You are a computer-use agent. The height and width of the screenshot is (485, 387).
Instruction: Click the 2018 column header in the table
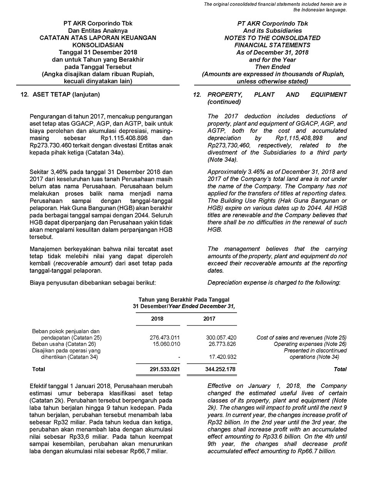click(157, 319)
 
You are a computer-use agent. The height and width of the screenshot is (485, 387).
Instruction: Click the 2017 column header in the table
click(209, 319)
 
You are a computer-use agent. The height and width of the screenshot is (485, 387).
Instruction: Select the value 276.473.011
click(165, 337)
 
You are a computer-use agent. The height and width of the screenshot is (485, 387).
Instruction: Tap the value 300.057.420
click(221, 337)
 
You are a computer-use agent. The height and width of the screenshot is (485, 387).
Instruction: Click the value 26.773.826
click(221, 344)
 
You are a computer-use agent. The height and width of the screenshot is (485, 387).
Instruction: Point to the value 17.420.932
click(221, 357)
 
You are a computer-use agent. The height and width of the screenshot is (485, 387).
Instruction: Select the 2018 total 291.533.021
click(165, 369)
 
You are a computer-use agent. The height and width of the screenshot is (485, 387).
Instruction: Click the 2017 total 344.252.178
click(221, 369)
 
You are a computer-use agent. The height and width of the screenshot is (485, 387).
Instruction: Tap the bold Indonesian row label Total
click(39, 369)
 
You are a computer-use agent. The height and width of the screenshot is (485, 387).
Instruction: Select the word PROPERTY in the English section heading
click(225, 95)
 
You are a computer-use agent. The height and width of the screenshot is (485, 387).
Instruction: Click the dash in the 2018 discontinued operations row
click(179, 357)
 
